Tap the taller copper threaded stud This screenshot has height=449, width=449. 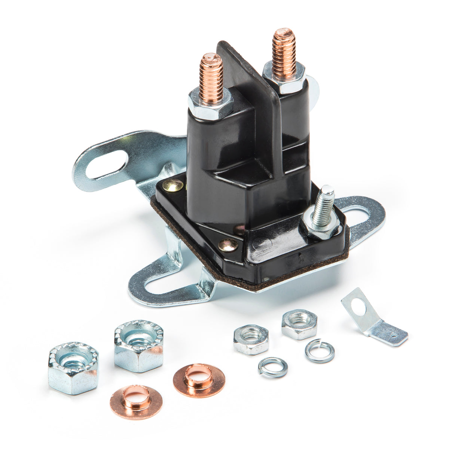tap(284, 52)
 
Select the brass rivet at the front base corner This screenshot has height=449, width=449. tap(228, 245)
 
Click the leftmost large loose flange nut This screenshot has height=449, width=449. tap(73, 369)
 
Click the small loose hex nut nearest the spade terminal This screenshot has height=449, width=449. tap(299, 324)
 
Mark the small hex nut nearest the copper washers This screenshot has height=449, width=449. tap(251, 339)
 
